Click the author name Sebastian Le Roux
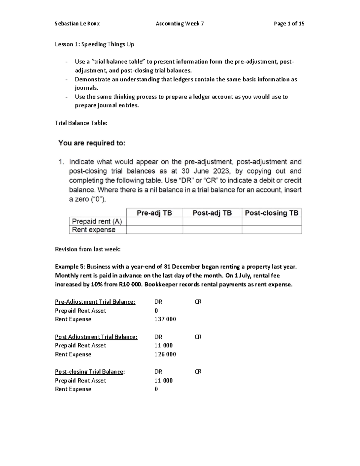(77, 23)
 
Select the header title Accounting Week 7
(180, 23)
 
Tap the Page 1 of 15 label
(289, 23)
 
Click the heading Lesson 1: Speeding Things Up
(94, 44)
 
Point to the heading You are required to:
(92, 143)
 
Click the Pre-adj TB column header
(154, 213)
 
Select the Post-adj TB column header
(212, 213)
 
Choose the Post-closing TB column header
(271, 213)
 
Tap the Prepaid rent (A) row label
(97, 221)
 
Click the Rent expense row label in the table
(94, 230)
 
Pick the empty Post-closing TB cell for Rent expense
(271, 230)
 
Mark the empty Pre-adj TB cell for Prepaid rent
(154, 221)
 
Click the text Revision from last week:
(88, 249)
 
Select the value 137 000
(165, 319)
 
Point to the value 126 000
(165, 354)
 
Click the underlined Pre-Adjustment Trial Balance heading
(95, 302)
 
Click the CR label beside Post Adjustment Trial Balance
(198, 337)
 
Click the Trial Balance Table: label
(81, 123)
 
